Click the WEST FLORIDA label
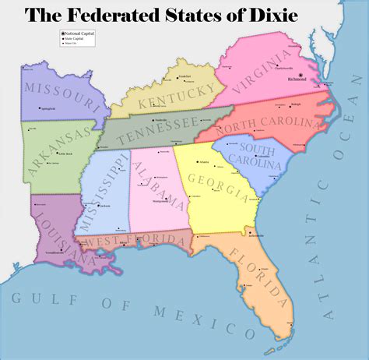(x=129, y=243)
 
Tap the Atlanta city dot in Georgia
(x=198, y=164)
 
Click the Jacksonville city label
(x=258, y=235)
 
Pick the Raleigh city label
(x=295, y=103)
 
